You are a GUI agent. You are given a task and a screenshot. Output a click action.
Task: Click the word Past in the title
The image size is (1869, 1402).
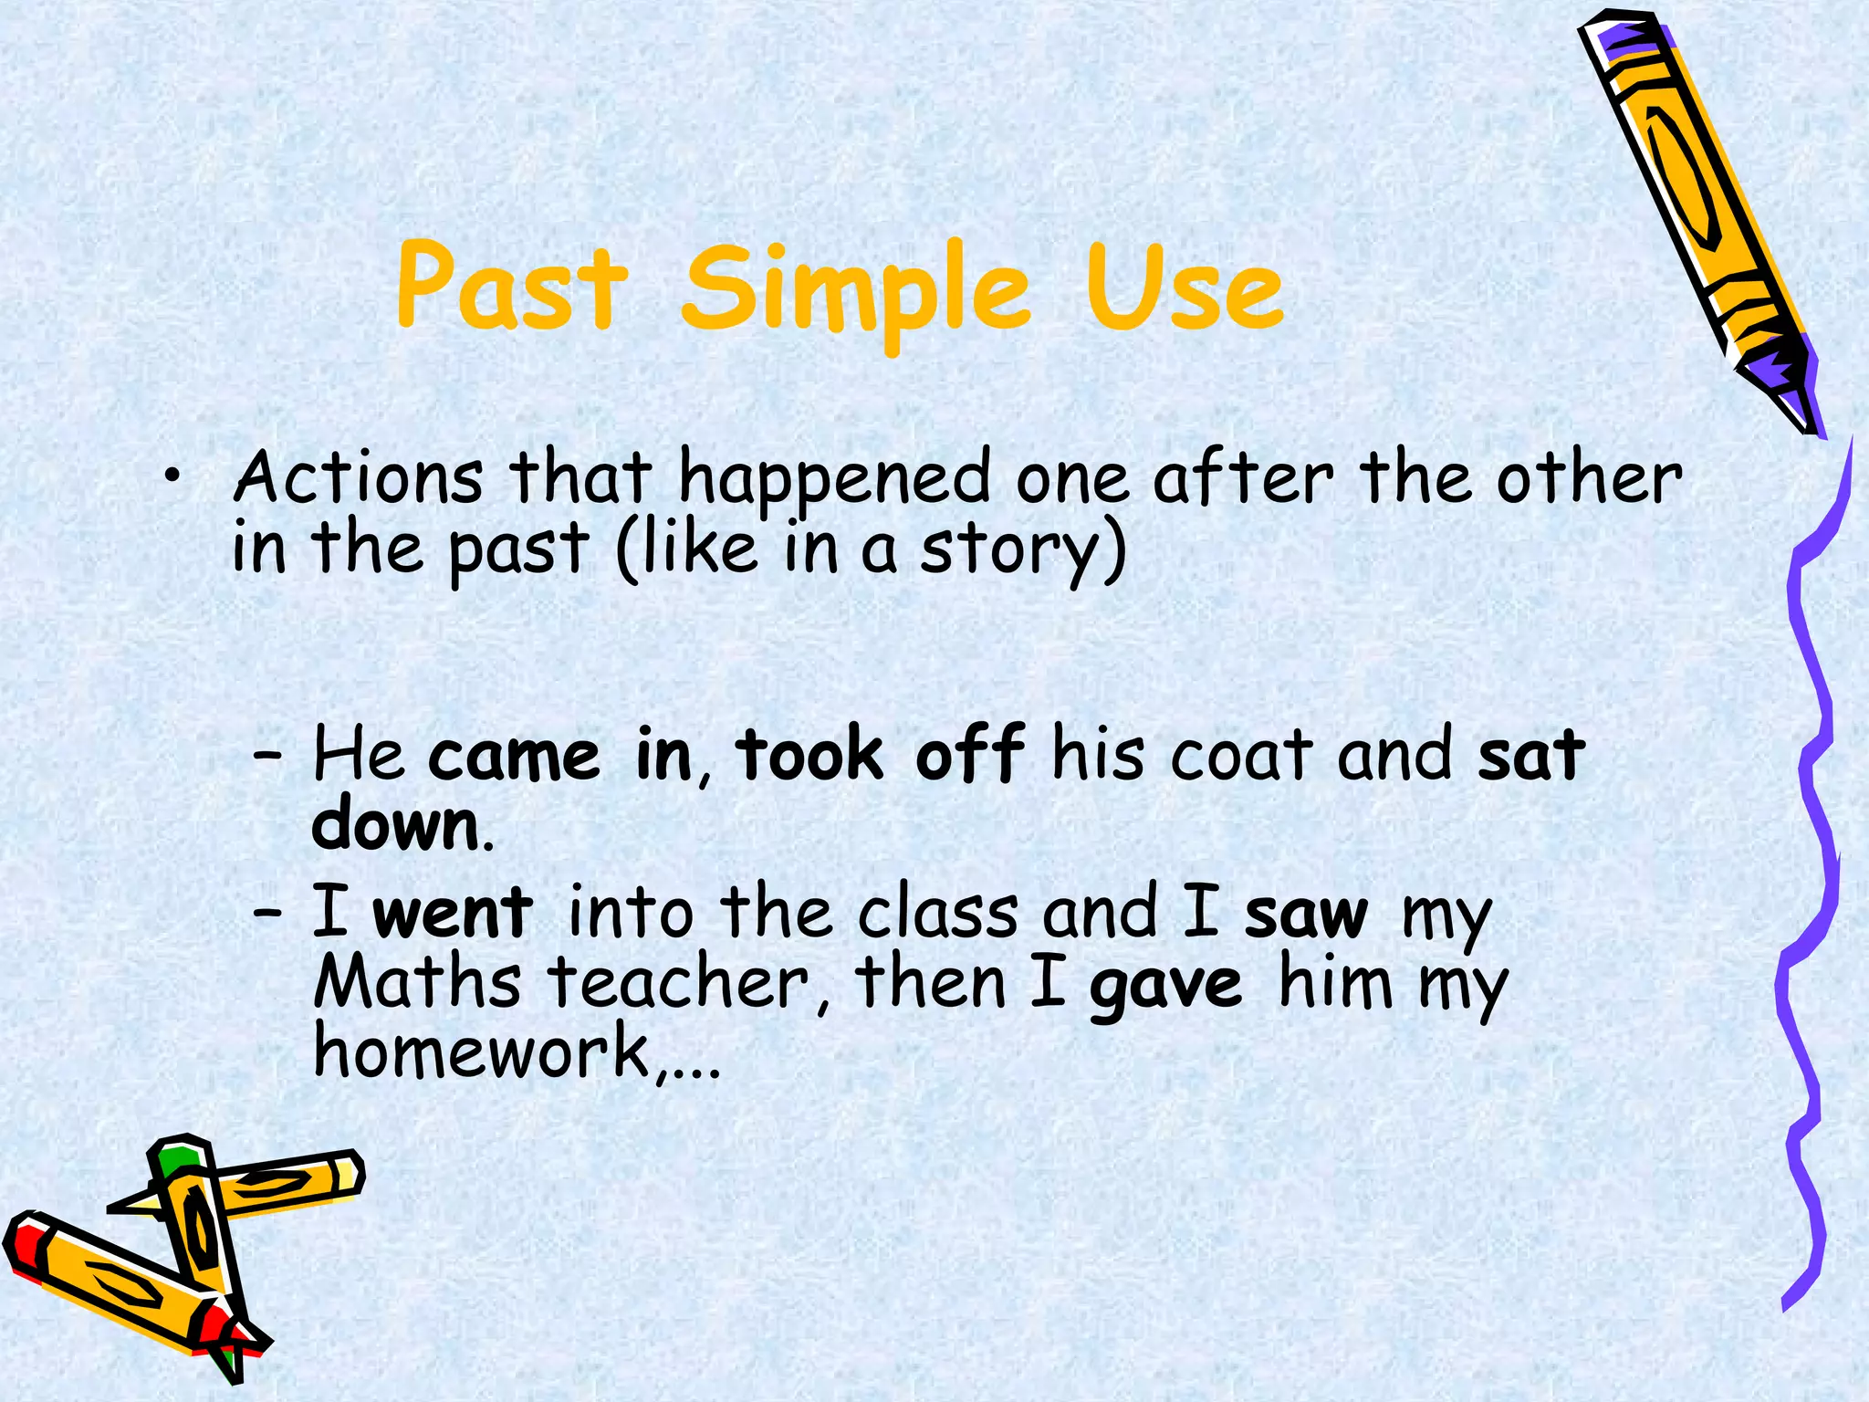(513, 288)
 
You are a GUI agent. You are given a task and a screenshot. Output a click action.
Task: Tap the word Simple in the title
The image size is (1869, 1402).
(856, 292)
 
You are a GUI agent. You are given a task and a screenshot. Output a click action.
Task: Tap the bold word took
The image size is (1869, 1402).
(809, 756)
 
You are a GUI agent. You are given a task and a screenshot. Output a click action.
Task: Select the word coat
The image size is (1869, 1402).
(1242, 756)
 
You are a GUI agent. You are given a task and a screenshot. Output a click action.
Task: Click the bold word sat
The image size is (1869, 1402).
(1531, 756)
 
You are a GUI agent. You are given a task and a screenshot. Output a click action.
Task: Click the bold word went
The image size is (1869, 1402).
(453, 913)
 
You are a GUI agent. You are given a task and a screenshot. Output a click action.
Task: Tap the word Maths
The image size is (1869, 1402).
(417, 983)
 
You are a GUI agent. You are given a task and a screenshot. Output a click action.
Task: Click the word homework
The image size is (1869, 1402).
(482, 1051)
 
